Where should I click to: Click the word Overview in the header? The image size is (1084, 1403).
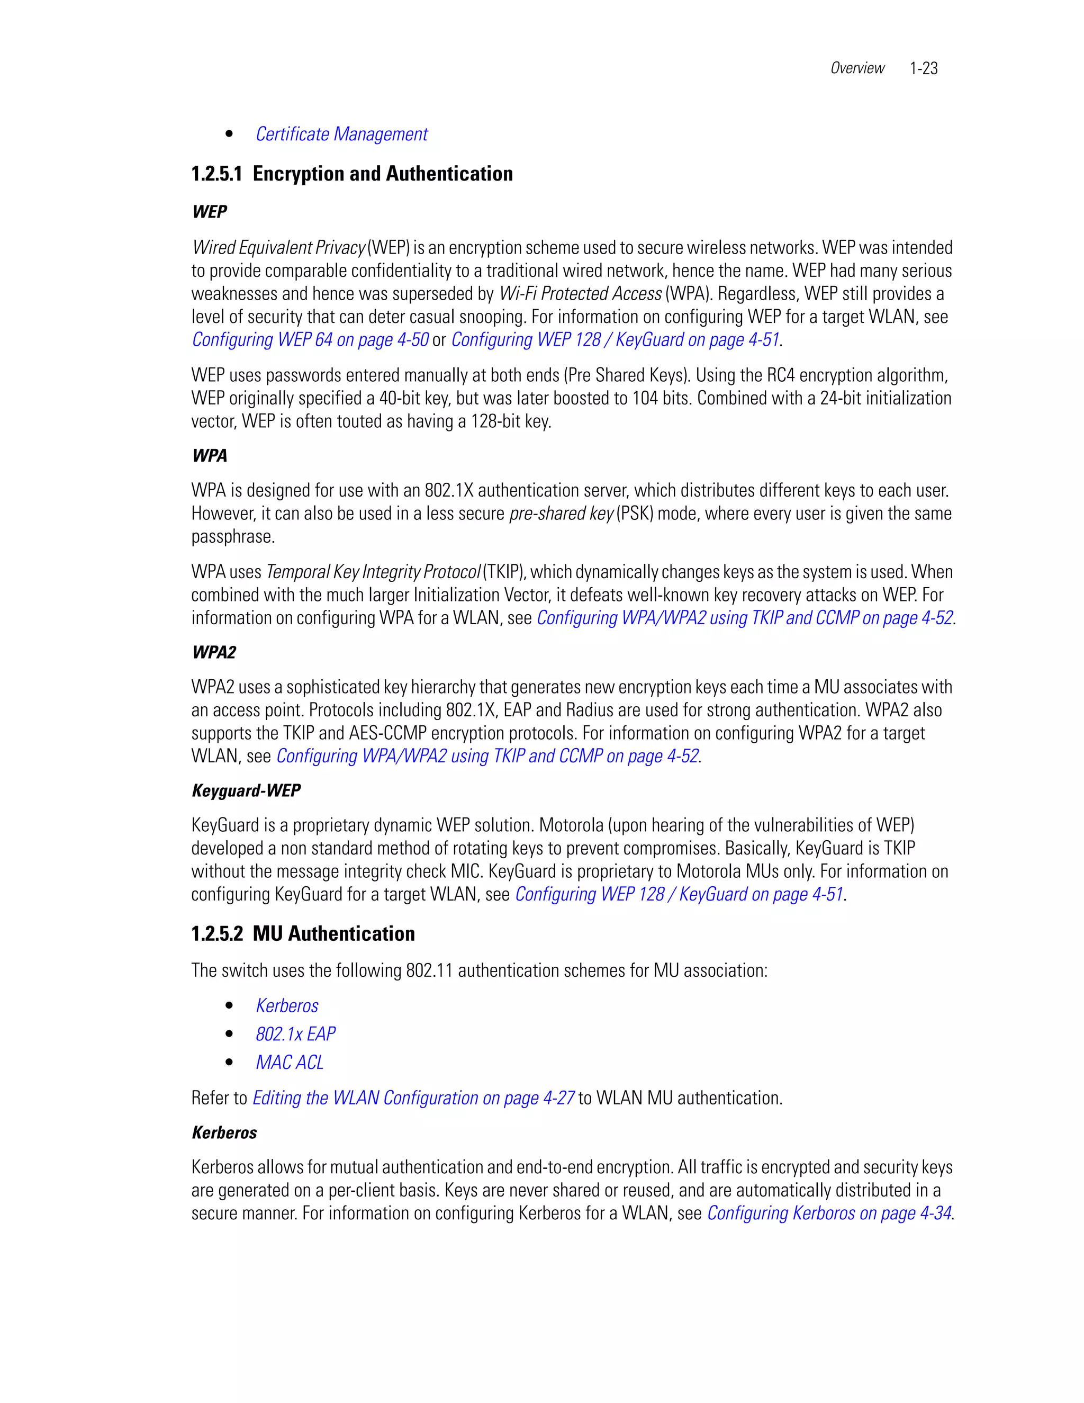[857, 68]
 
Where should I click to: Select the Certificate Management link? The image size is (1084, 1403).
[341, 134]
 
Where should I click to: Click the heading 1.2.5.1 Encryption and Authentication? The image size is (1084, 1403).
[352, 174]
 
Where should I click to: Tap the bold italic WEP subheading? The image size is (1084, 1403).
[210, 212]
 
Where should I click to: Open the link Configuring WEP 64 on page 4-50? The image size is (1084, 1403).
[310, 340]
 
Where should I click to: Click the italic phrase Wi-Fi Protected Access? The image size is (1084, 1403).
[580, 294]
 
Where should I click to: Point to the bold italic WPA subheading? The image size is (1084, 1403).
[210, 456]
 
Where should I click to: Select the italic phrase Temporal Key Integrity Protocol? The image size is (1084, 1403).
[373, 572]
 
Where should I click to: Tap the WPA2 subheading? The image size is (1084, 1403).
[214, 653]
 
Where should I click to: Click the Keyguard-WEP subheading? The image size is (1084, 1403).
[246, 791]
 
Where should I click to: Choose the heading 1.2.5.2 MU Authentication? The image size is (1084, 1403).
[303, 934]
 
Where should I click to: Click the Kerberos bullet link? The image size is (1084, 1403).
[287, 1006]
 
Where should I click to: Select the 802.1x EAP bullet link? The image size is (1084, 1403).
[295, 1035]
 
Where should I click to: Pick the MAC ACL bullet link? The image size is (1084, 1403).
[290, 1063]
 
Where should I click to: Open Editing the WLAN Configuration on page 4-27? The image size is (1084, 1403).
[413, 1099]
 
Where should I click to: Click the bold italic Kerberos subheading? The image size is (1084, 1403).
[224, 1132]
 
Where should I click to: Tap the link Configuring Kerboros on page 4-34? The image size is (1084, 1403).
[828, 1213]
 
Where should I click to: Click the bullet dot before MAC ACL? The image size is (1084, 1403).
[229, 1063]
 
